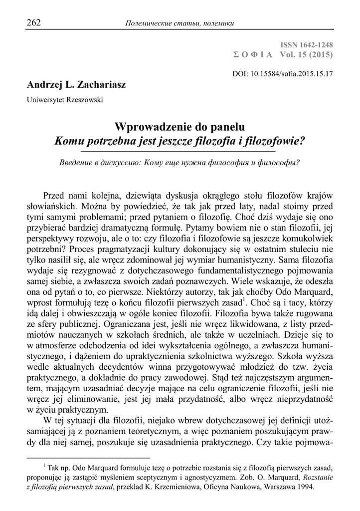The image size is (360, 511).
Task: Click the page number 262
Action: click(33, 22)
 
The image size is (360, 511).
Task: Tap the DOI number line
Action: click(283, 73)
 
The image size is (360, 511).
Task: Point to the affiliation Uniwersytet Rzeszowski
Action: click(65, 99)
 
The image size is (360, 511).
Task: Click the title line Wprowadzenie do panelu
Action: click(180, 127)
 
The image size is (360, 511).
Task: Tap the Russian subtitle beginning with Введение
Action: click(180, 163)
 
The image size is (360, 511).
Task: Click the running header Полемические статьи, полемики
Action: click(180, 23)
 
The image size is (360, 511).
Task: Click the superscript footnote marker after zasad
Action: click(243, 300)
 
